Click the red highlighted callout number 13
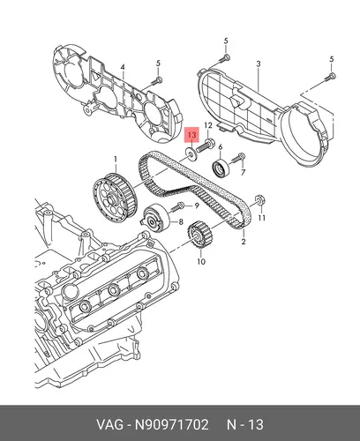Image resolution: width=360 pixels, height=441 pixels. point(191,135)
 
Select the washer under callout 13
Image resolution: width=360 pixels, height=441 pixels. point(191,154)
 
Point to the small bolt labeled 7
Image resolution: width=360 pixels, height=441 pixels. point(238,158)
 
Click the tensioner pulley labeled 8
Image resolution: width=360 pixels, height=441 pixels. point(156,218)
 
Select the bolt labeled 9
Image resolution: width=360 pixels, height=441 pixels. point(176,206)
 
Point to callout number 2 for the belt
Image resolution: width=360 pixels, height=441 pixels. point(244,242)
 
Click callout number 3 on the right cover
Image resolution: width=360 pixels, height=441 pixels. point(259,64)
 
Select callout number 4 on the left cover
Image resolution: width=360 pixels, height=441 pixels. point(123,67)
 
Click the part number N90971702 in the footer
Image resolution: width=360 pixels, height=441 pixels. point(171,424)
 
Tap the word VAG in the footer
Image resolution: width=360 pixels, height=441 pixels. point(110,424)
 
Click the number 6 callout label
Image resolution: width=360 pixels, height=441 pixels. point(221,147)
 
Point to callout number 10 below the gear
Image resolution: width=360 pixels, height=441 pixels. point(201,261)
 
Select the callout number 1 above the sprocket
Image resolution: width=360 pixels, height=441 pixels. point(116,159)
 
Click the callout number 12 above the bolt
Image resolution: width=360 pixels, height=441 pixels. point(208,125)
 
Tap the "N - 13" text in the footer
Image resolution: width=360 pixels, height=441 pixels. point(245,424)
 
